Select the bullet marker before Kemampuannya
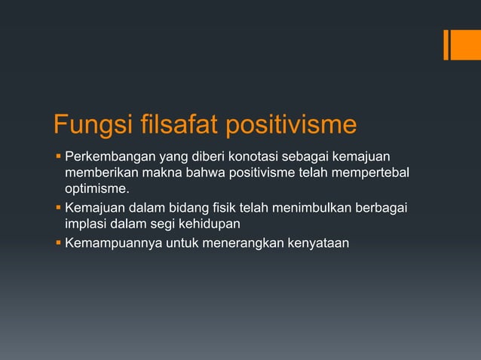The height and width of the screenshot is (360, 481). pos(57,242)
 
